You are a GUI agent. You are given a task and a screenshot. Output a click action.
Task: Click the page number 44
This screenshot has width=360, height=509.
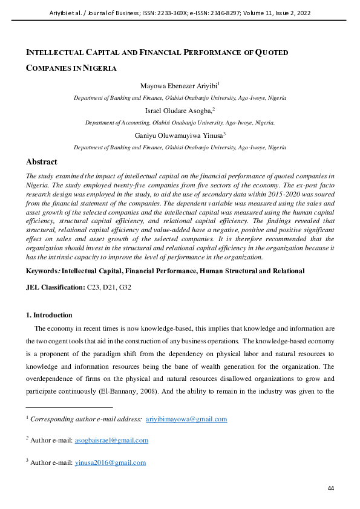tap(330, 488)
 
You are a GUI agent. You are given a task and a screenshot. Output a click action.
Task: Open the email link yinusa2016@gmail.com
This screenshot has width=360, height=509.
tap(110, 462)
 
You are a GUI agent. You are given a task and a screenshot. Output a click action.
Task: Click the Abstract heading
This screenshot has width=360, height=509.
tap(42, 162)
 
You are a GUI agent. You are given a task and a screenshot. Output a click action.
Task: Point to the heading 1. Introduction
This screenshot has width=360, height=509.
tap(48, 315)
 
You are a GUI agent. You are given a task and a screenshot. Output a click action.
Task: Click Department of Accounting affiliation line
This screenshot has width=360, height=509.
tap(180, 123)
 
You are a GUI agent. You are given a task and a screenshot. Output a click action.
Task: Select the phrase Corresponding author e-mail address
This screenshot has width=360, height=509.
tap(86, 419)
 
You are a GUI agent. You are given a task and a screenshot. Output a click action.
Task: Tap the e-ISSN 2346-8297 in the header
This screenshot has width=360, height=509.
tap(208, 12)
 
